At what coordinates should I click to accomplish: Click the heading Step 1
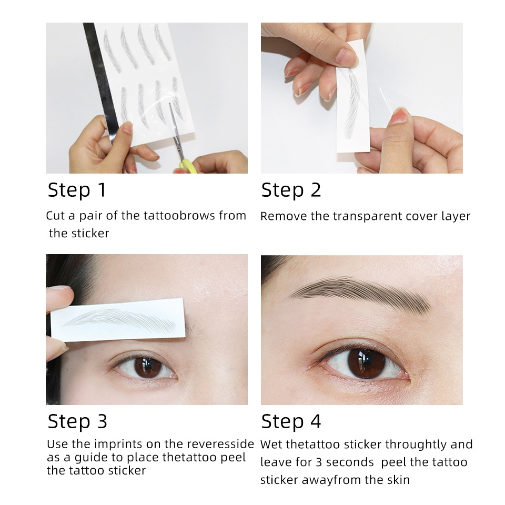[77, 190]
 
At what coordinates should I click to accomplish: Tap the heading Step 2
[291, 190]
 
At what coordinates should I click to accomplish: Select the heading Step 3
[77, 421]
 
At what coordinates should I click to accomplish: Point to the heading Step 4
[291, 421]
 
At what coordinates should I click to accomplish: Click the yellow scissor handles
[187, 166]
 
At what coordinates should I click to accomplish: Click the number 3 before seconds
[319, 462]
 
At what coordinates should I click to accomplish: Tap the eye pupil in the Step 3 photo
[148, 367]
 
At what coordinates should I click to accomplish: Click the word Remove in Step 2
[284, 216]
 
